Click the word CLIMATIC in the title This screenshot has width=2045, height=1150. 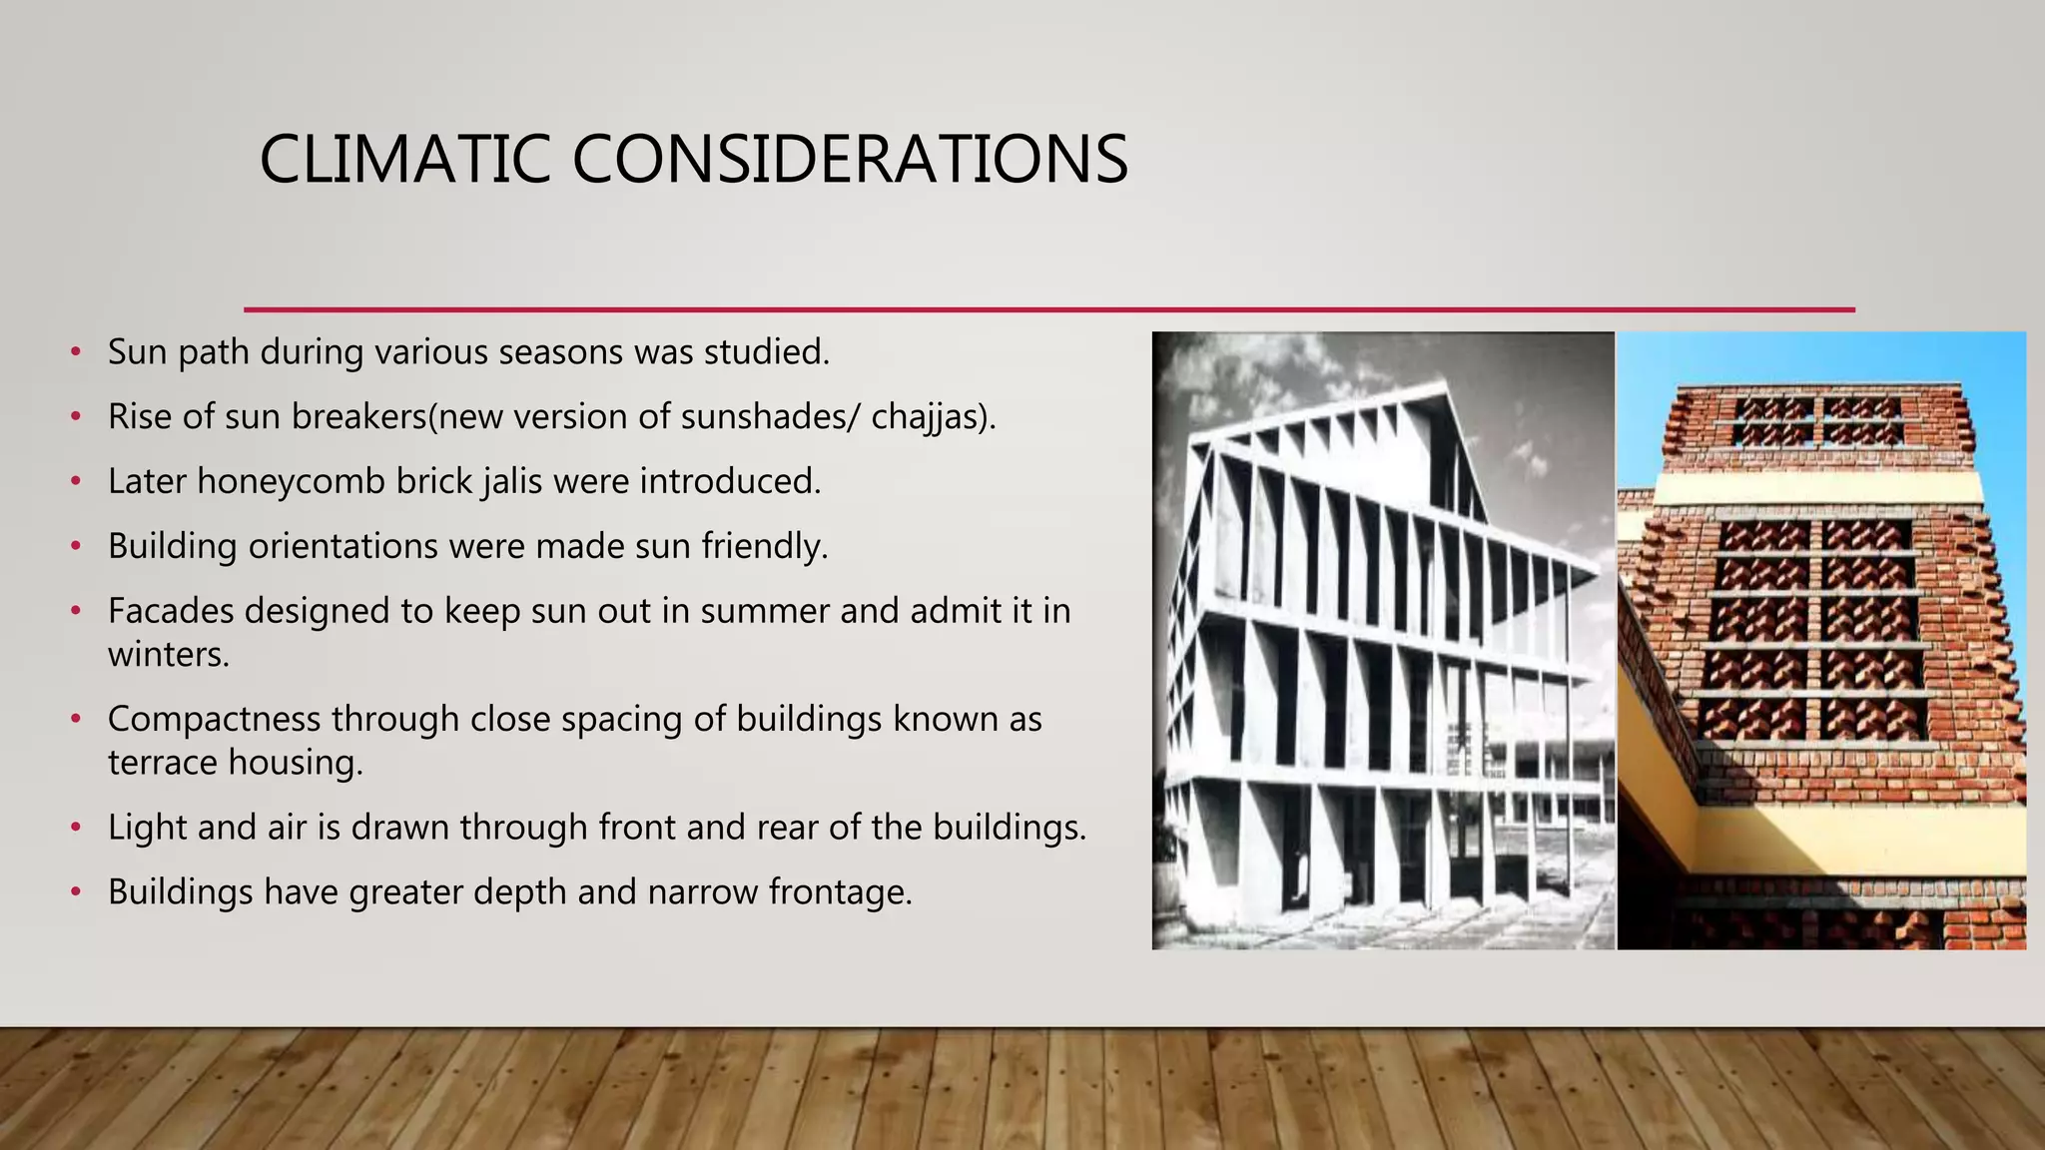coord(403,160)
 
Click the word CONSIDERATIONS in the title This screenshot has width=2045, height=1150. coord(849,160)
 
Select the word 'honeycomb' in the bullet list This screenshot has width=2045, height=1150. coord(291,482)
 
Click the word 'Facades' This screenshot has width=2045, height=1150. coord(169,611)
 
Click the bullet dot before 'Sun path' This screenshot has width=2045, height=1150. coord(76,352)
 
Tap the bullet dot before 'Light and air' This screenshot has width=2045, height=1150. coord(76,828)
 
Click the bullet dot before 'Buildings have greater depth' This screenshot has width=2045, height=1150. coord(76,892)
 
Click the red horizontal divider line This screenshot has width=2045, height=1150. coord(1048,309)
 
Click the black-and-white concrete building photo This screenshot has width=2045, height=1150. coord(1383,639)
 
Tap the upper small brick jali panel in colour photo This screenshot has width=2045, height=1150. coord(1819,420)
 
